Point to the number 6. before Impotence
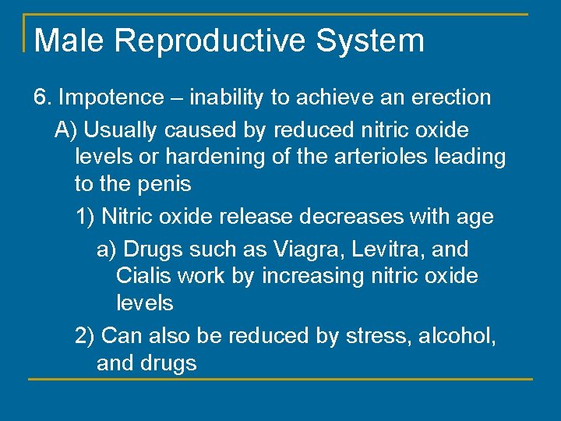[43, 97]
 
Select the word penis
[164, 185]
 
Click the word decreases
[346, 216]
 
